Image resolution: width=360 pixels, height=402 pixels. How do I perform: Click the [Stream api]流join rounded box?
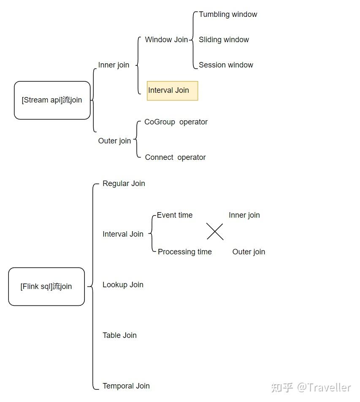tap(52, 100)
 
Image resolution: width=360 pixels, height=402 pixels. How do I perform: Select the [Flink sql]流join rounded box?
tap(46, 286)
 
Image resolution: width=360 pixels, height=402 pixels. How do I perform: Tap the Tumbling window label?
tap(228, 14)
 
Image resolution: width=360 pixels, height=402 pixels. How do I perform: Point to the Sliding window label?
tap(224, 40)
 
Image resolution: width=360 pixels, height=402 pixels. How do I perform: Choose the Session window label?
tap(226, 65)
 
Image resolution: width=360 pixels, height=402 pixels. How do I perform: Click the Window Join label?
tap(166, 40)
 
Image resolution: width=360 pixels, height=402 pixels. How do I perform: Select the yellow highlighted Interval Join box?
tap(172, 91)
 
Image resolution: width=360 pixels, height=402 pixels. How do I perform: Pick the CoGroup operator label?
tap(176, 122)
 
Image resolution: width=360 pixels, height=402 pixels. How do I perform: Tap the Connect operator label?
tap(175, 157)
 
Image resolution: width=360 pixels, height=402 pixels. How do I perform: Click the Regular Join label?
tap(124, 183)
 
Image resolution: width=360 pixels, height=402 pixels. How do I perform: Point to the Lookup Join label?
tap(123, 285)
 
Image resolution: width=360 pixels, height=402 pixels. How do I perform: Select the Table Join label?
tap(119, 335)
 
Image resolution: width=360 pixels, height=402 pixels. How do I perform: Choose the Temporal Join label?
tap(126, 386)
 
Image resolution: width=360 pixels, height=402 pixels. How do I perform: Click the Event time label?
tap(175, 215)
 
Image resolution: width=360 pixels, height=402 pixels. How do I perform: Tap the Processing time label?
tap(184, 252)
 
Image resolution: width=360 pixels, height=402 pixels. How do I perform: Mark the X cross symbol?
tap(215, 232)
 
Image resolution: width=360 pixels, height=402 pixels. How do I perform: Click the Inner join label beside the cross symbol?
tap(244, 215)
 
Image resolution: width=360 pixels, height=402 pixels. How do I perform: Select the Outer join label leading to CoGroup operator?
tap(114, 141)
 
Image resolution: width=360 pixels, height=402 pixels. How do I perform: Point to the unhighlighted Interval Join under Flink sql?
tap(123, 234)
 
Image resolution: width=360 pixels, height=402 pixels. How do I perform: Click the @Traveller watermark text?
tap(324, 387)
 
